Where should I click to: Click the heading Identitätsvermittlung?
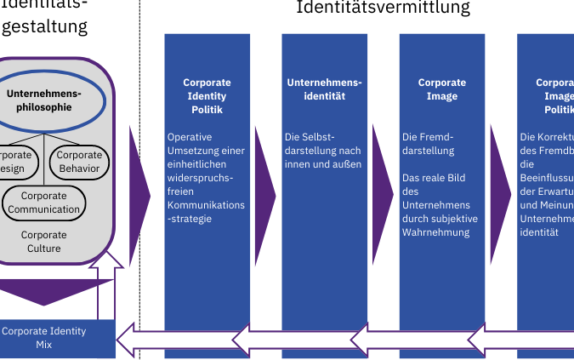coord(383,9)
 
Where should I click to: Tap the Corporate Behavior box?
coord(79,161)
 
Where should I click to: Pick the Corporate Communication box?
coord(44,203)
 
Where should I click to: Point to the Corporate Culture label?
coord(44,242)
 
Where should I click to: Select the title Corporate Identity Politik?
coord(207,96)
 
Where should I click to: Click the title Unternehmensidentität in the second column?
coord(324,89)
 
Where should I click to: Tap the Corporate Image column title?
coord(442,89)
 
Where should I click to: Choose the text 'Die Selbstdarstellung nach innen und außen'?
coord(323,150)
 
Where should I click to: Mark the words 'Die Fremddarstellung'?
coord(429,144)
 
